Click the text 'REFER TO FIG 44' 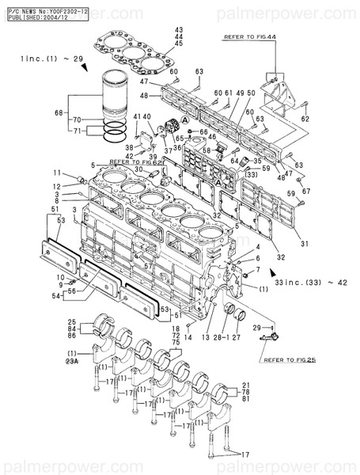[x=251, y=36]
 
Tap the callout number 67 [x=307, y=191]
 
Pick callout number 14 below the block [x=188, y=337]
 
